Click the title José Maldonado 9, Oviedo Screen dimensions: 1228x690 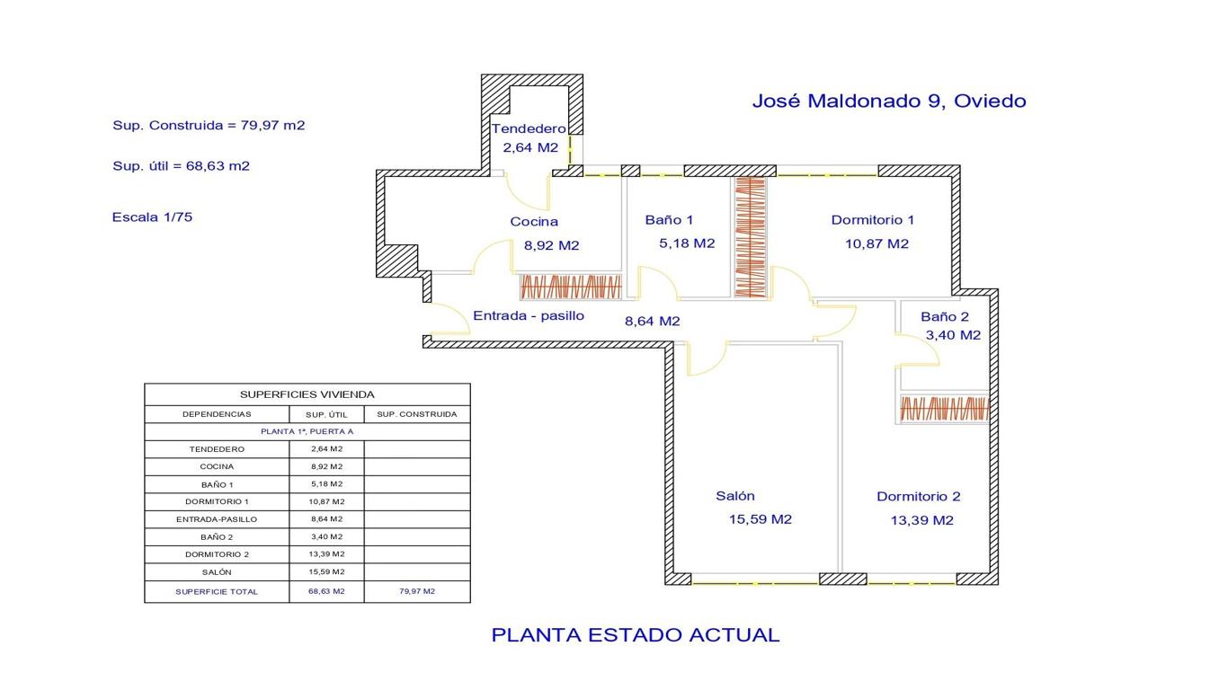pos(889,102)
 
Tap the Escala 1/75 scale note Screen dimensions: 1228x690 pos(153,217)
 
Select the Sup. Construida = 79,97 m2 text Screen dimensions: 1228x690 pos(209,125)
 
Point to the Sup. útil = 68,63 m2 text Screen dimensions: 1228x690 pos(182,165)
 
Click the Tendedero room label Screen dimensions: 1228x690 pos(529,128)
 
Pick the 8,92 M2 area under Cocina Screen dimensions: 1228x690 pos(551,245)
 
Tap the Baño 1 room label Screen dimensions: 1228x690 pos(669,220)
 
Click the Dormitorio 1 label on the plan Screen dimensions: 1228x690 pos(873,220)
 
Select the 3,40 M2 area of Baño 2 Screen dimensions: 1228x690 pos(953,335)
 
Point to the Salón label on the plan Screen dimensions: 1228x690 pos(735,496)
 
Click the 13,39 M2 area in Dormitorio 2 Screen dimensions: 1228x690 pos(922,520)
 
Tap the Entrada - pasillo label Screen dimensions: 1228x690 pos(529,315)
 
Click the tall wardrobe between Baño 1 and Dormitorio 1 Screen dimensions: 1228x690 pos(750,238)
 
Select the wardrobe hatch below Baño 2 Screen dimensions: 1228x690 pos(945,409)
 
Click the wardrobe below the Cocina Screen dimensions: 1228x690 pos(571,287)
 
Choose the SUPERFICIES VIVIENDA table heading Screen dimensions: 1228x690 pos(307,394)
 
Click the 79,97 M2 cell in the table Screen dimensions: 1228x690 pos(417,591)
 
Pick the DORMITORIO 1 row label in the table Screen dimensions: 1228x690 pos(217,501)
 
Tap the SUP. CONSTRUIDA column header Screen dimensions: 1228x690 pos(417,414)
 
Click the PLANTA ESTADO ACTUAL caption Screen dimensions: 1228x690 pos(636,634)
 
